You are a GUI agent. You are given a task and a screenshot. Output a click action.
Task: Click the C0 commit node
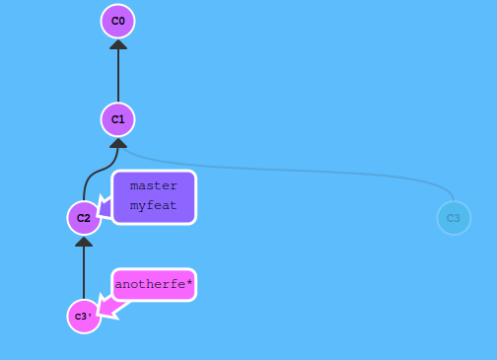(x=118, y=21)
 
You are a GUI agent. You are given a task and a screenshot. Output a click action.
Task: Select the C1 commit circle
(x=118, y=119)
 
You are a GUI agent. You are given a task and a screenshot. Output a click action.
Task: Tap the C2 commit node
(x=84, y=218)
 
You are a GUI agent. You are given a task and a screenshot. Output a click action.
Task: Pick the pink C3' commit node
(x=84, y=317)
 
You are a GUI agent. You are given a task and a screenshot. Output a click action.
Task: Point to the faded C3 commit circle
(x=454, y=218)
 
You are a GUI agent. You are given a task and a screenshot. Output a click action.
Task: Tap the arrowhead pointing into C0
(x=118, y=44)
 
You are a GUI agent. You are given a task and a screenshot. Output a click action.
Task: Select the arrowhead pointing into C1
(x=118, y=143)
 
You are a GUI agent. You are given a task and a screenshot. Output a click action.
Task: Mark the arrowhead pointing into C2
(x=84, y=242)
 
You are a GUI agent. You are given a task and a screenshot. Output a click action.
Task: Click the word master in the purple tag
(x=153, y=185)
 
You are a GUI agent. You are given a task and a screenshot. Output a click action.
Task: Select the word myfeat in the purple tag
(x=153, y=205)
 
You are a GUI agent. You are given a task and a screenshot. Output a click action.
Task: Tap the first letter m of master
(x=133, y=185)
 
